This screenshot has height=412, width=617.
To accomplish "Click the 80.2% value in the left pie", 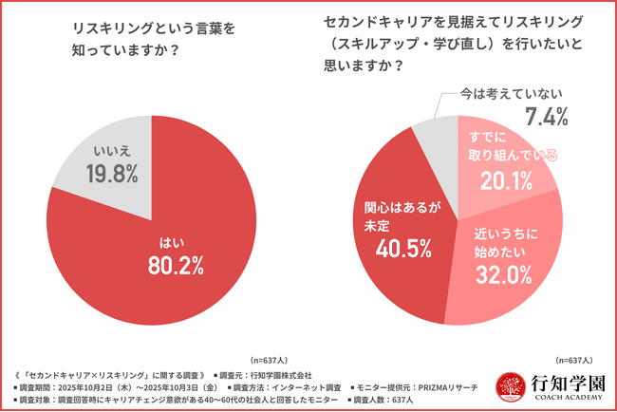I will pos(176,267).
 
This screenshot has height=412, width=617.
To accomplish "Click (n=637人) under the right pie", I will pos(574,361).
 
